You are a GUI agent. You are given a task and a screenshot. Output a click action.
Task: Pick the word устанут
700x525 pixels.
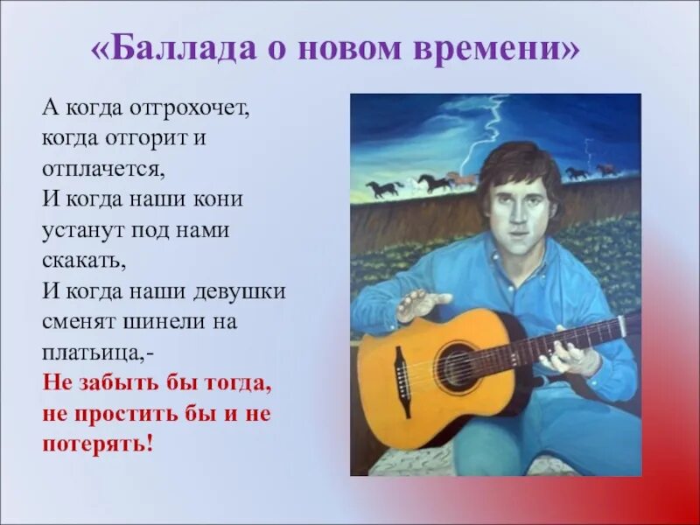tap(83, 229)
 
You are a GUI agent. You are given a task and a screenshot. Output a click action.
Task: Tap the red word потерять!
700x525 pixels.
tap(97, 444)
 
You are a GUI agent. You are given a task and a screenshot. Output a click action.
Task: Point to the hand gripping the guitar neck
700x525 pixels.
tap(570, 354)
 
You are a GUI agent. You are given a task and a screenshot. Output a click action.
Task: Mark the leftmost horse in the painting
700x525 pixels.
tap(383, 188)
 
